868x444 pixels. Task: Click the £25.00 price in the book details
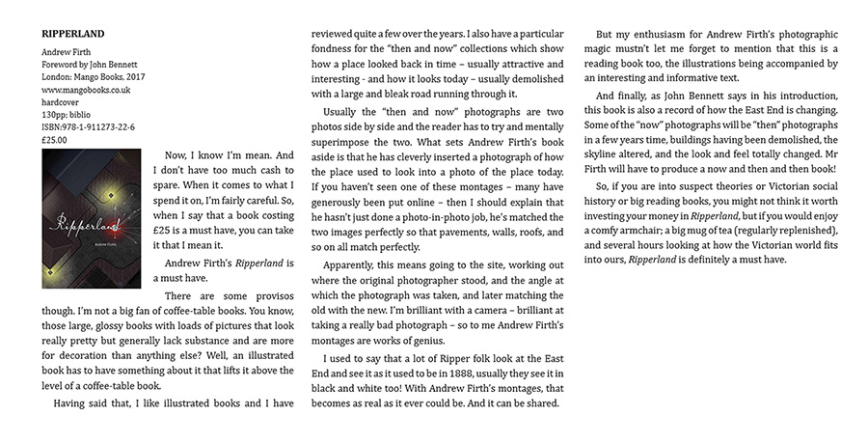(57, 138)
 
